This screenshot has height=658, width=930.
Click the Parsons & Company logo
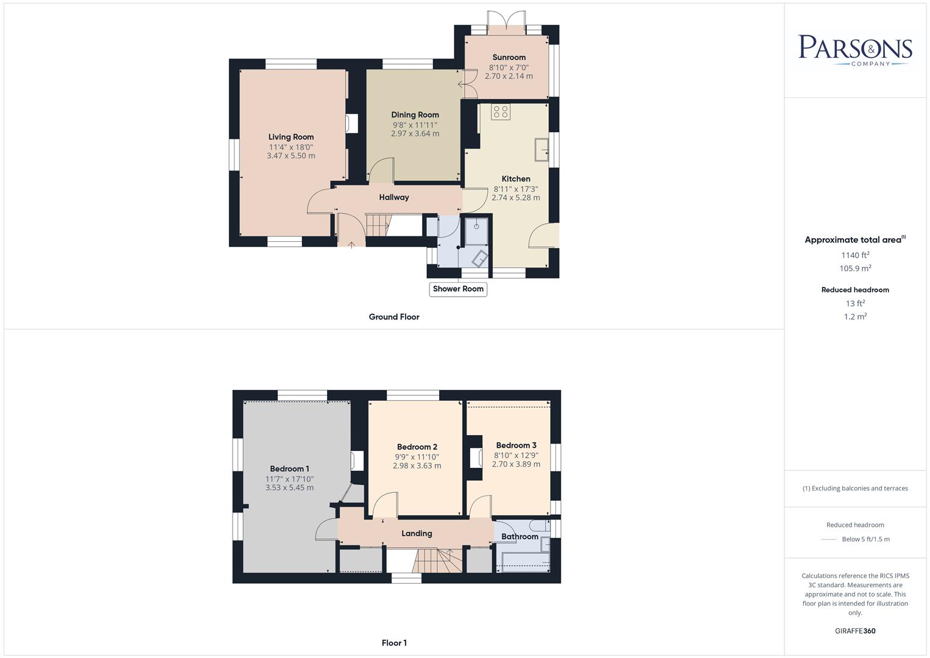point(854,49)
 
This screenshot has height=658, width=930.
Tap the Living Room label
point(291,137)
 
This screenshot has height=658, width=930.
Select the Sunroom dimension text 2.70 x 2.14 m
point(509,76)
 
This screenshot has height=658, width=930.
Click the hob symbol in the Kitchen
point(501,111)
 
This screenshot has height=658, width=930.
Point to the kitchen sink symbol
point(541,149)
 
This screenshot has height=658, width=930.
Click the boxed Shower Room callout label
point(458,289)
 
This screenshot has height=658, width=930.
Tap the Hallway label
point(394,197)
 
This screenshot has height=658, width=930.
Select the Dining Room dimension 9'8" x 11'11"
point(415,124)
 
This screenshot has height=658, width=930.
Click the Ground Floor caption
point(394,317)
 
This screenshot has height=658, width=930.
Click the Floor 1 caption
point(394,643)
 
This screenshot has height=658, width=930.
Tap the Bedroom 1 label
point(289,469)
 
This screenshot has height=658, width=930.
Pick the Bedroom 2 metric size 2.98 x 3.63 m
point(417,465)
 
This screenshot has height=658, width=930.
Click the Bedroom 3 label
point(516,445)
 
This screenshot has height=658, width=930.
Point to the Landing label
point(417,533)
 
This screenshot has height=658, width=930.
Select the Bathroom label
point(520,537)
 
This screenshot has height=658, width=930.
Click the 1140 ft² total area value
point(855,255)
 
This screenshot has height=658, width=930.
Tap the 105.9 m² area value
point(855,269)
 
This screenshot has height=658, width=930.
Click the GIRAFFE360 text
point(855,631)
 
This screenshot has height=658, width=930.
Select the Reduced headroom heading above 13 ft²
point(855,290)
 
